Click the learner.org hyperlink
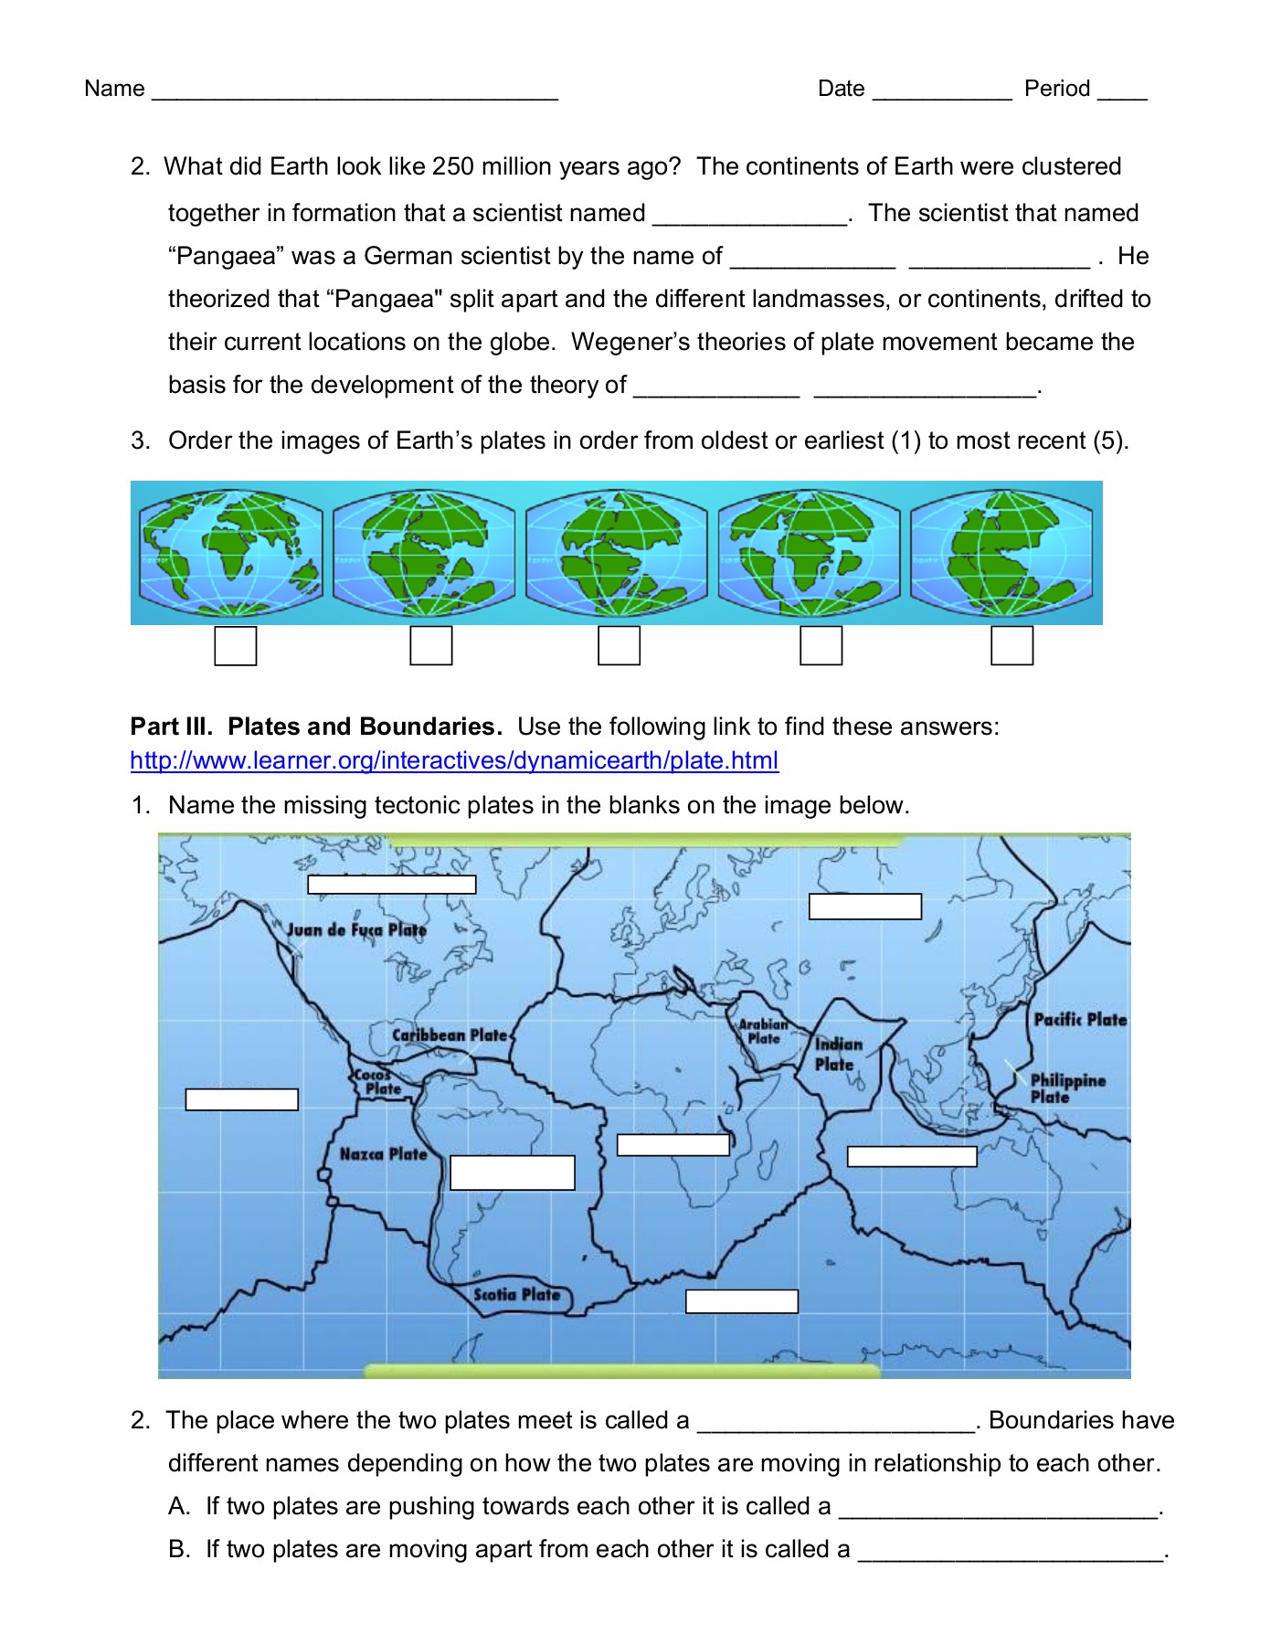(454, 760)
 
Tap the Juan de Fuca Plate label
(356, 930)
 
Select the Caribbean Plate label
(449, 1035)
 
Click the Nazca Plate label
(383, 1154)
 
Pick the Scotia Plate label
(516, 1294)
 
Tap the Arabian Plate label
(763, 1032)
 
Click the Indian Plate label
(837, 1054)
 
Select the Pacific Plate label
(1080, 1019)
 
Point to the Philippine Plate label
(1066, 1088)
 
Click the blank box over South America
(513, 1173)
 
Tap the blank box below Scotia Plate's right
(742, 1301)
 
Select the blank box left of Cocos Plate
(242, 1099)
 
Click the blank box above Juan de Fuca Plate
(392, 885)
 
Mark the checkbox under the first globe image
(235, 646)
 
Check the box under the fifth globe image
(1012, 646)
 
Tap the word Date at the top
(841, 89)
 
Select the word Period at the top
(1057, 89)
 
